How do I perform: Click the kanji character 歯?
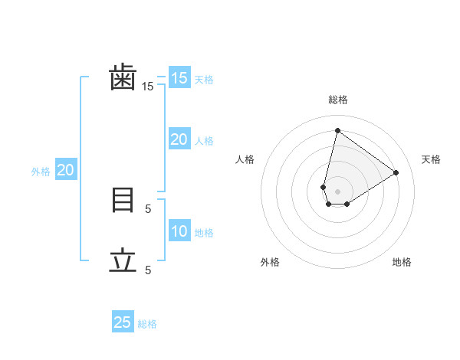pos(123,78)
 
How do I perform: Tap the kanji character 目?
pos(123,200)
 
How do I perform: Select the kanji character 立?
pos(123,261)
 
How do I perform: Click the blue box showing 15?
pos(179,78)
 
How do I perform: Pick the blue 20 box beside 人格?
pos(179,139)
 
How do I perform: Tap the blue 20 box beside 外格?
pos(66,171)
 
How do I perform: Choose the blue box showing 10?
pos(179,231)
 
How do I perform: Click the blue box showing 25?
pos(123,322)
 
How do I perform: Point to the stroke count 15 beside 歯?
pos(147,87)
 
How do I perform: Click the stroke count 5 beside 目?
pos(148,208)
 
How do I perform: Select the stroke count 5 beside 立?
pos(148,270)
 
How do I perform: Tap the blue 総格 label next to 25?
pos(148,324)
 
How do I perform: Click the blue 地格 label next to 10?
pos(205,233)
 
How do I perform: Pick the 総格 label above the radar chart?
pos(337,100)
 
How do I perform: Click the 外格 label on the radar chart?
pos(270,262)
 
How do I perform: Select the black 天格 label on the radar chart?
pos(431,159)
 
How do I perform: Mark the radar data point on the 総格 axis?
pos(337,130)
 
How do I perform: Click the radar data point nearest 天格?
pos(396,172)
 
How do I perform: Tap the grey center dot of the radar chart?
pos(337,191)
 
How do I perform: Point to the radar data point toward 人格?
pos(324,187)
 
